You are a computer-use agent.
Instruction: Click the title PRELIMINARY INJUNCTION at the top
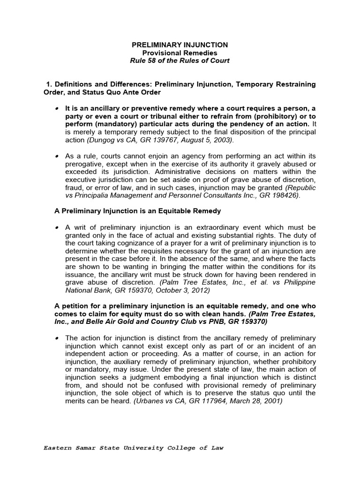click(180, 45)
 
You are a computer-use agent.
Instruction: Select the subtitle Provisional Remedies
click(180, 53)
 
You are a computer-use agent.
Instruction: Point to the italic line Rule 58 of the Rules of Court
click(180, 61)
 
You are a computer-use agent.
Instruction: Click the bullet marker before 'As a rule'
click(57, 155)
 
